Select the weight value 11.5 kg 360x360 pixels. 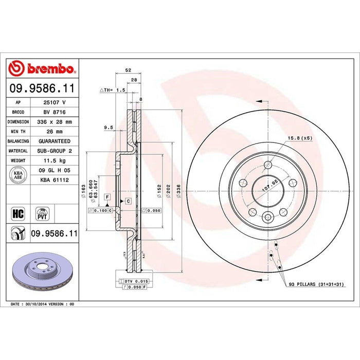coord(55,160)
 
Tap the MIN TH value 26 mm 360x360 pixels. coord(55,132)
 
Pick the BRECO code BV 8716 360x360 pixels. coord(55,112)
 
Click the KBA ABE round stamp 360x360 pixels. coord(18,175)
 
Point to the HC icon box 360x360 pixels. coord(18,213)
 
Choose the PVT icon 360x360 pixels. coord(42,214)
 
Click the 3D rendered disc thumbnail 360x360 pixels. coord(43,272)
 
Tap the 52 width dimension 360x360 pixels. coord(128,70)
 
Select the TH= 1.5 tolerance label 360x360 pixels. coord(113,90)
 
